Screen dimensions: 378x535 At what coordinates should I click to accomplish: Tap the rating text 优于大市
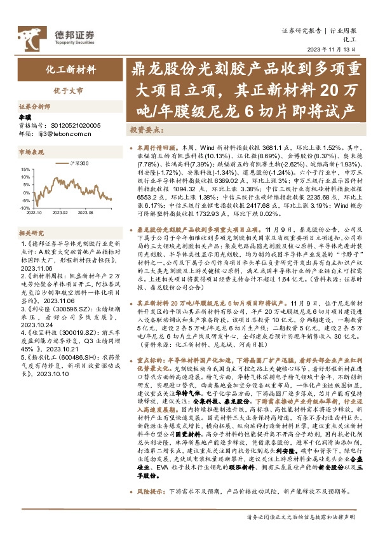click(72, 91)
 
